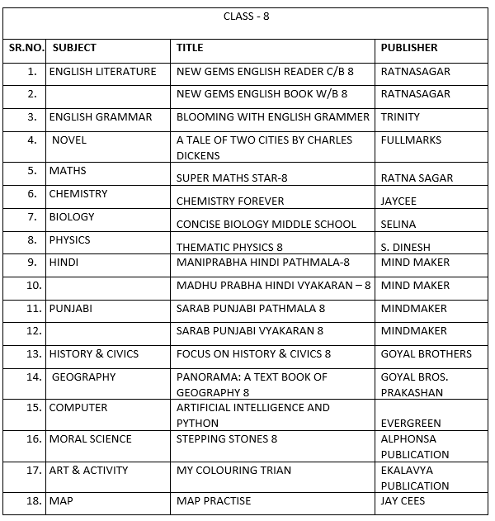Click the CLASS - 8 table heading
click(246, 17)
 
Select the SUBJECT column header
click(74, 48)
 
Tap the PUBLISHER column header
click(409, 48)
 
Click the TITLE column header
click(190, 48)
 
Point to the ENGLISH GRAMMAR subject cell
click(101, 117)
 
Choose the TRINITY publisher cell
click(400, 117)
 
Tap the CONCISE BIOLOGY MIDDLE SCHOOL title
click(266, 224)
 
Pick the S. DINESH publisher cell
click(405, 247)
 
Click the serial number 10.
click(34, 286)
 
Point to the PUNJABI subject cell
click(71, 309)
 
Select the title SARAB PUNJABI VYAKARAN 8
click(250, 331)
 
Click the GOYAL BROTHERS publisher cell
click(427, 354)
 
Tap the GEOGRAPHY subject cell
click(84, 377)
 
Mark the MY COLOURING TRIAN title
click(233, 471)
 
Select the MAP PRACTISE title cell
click(214, 500)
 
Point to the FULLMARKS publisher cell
click(411, 140)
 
